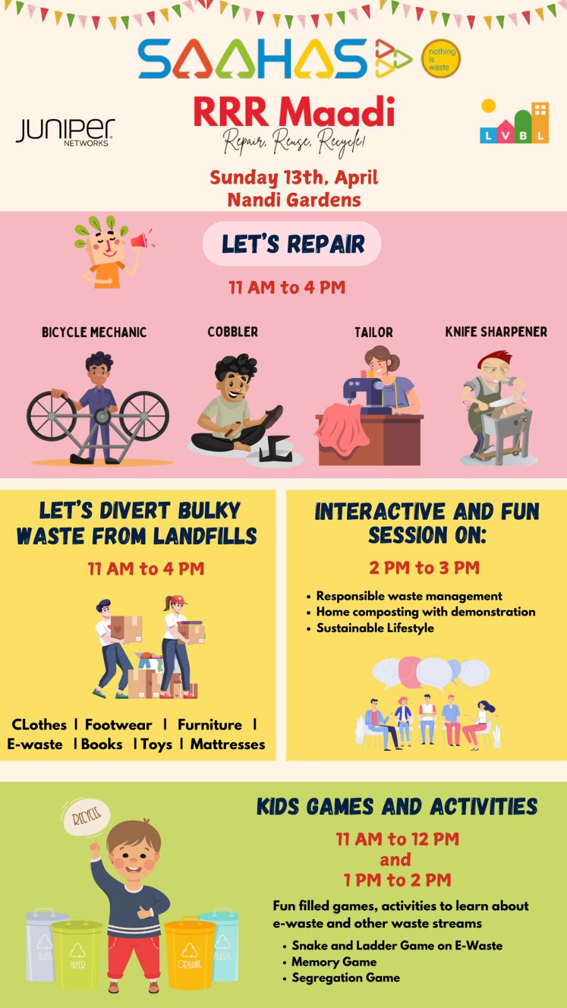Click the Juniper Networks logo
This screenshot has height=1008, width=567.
click(x=66, y=132)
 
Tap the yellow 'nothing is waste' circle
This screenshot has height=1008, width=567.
click(x=440, y=59)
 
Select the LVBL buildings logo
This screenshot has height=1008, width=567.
click(x=514, y=122)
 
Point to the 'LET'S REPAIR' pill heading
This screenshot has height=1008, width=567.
click(x=292, y=243)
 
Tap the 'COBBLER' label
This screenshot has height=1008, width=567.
click(x=232, y=332)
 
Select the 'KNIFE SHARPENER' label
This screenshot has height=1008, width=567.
click(x=496, y=332)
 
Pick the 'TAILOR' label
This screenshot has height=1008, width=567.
click(x=374, y=332)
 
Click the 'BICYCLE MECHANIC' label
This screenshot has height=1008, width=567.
click(x=94, y=332)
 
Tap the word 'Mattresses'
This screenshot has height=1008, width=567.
click(x=227, y=744)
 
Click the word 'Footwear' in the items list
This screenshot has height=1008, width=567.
click(x=118, y=724)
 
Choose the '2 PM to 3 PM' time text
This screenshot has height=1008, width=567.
click(x=425, y=568)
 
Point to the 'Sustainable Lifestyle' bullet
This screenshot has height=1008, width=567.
click(x=375, y=627)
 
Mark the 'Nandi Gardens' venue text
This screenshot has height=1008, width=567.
click(x=294, y=200)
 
